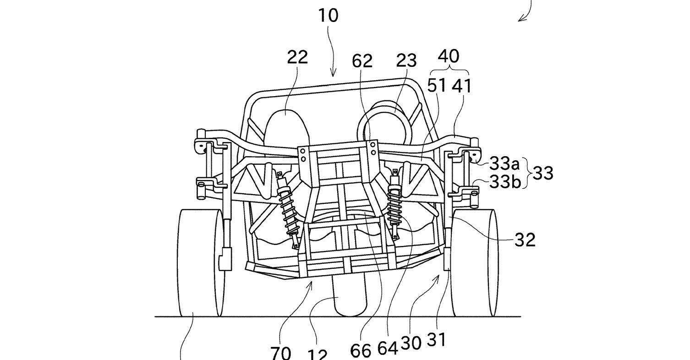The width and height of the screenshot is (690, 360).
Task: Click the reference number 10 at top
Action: point(328,15)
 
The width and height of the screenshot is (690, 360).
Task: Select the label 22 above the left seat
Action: point(297,57)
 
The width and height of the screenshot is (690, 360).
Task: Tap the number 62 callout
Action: point(362,61)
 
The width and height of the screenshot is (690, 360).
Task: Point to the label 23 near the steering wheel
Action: point(406,60)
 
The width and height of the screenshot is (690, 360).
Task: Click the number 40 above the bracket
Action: point(448,56)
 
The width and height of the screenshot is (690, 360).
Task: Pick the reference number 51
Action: point(437,85)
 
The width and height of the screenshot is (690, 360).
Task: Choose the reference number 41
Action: point(461,85)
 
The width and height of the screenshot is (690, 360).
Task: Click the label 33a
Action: point(505,163)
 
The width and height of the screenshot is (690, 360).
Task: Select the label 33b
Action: point(505,182)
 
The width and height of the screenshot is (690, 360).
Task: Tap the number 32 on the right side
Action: point(525,240)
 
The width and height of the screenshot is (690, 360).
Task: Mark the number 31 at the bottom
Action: point(436,340)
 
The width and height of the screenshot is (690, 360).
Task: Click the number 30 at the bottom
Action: point(411,343)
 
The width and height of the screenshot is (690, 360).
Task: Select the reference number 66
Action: point(361,350)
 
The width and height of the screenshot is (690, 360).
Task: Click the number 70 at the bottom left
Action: point(280,353)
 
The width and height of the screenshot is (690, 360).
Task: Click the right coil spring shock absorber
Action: point(394,204)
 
